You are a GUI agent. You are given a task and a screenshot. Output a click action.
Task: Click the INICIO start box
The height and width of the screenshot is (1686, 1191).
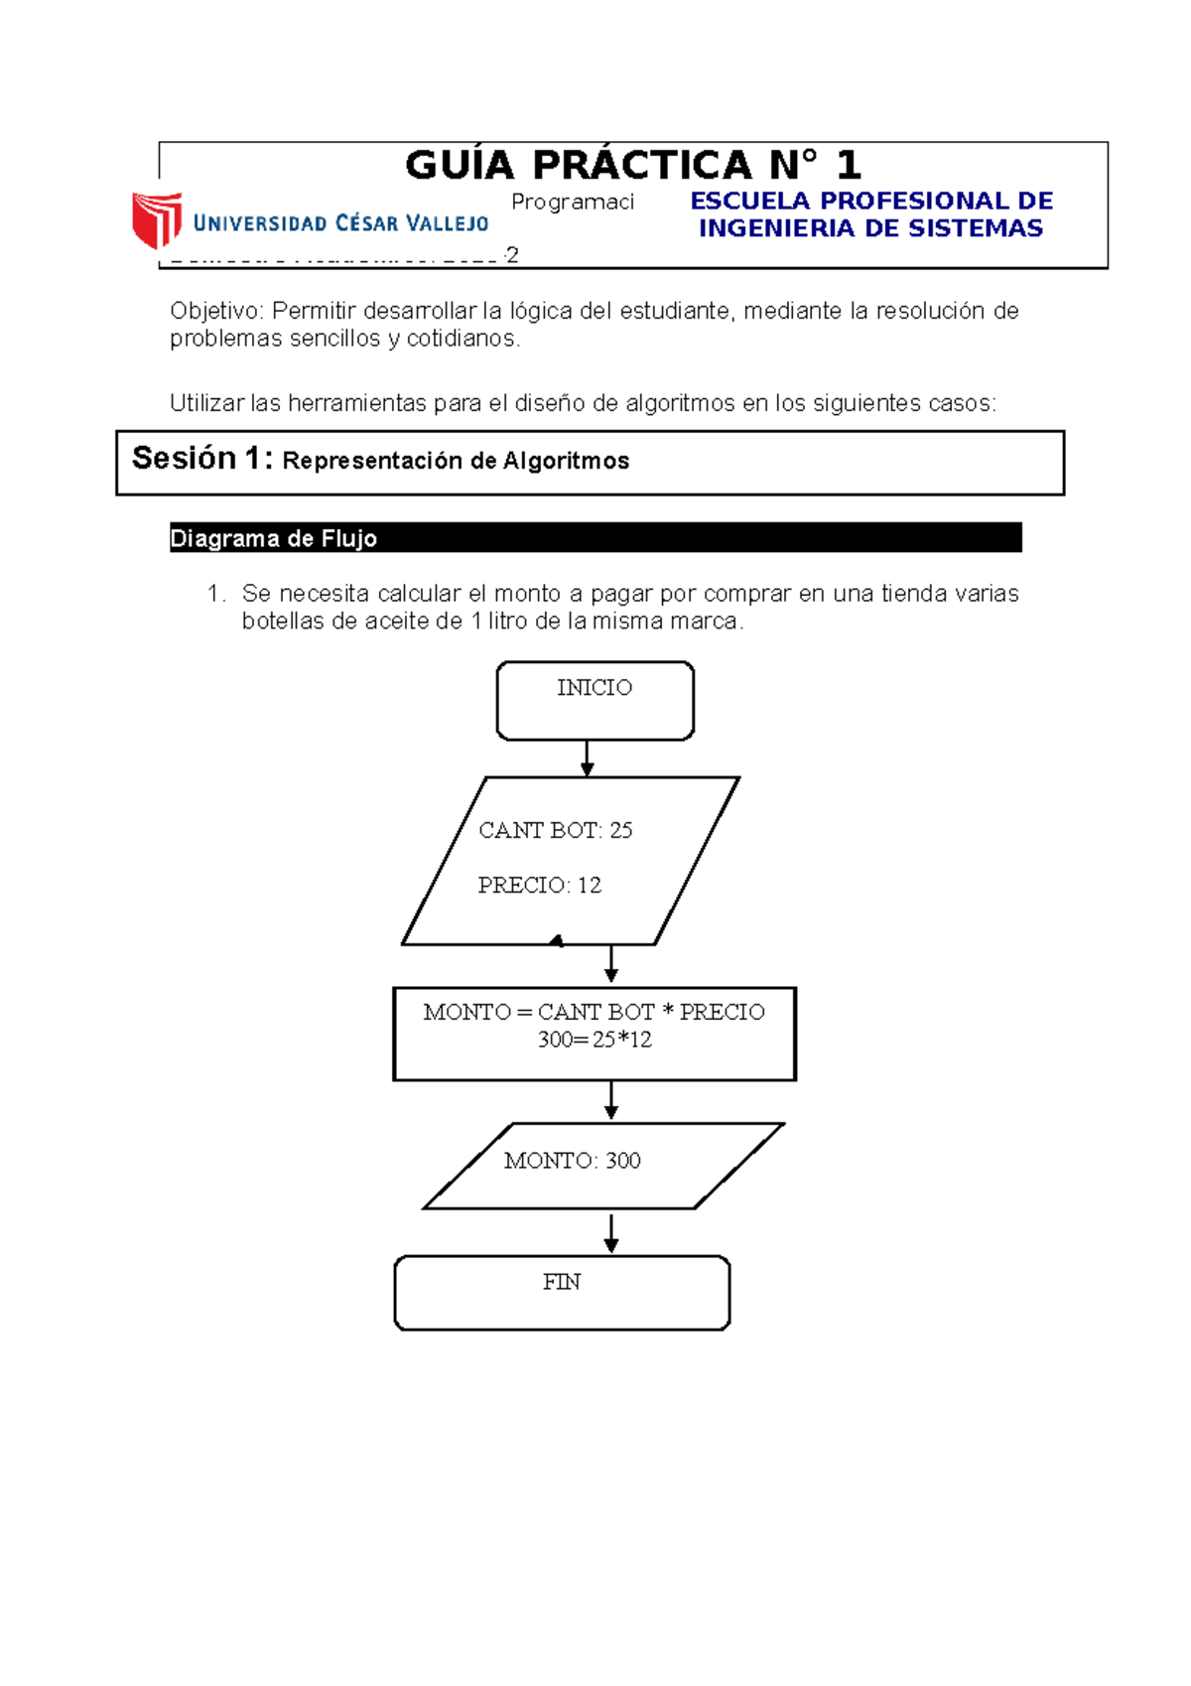(x=595, y=701)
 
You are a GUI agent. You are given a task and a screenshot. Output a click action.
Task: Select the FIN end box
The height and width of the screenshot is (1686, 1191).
(x=562, y=1292)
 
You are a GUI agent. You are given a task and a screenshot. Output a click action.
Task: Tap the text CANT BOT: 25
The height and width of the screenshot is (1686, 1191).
(x=555, y=830)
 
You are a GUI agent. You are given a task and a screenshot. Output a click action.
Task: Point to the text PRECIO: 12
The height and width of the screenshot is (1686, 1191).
(x=539, y=885)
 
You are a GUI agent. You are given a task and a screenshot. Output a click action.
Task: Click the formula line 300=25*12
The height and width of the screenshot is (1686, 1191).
(x=595, y=1040)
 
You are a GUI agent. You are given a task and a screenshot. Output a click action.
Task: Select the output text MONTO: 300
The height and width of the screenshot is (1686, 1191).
(x=572, y=1161)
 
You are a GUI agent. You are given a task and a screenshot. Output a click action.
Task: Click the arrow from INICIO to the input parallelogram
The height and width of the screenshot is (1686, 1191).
(x=587, y=759)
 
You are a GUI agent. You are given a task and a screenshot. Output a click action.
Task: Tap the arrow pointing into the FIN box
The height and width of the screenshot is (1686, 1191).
(x=611, y=1233)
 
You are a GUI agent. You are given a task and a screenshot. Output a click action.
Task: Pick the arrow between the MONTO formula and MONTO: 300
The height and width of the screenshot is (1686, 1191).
(x=611, y=1101)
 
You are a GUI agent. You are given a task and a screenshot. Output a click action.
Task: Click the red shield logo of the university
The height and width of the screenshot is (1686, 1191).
(x=157, y=219)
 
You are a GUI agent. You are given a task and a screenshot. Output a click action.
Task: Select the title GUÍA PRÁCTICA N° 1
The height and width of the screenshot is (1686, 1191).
(x=632, y=165)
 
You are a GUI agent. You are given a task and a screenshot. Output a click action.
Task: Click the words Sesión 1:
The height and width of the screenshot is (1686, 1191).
(x=201, y=459)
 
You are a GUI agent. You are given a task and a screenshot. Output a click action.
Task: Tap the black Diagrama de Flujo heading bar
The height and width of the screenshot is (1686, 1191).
(x=595, y=538)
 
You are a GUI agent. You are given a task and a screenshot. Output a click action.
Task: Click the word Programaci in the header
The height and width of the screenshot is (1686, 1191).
(x=572, y=203)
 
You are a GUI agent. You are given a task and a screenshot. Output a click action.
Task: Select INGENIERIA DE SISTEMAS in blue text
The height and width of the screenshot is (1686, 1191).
(x=870, y=228)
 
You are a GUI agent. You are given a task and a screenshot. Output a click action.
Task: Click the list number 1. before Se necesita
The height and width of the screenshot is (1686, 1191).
(x=215, y=594)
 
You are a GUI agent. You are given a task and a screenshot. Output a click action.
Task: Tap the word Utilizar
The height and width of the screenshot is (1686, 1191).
(x=206, y=403)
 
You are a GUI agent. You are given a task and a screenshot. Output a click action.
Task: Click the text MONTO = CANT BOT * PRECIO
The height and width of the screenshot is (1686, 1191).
(x=594, y=1012)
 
